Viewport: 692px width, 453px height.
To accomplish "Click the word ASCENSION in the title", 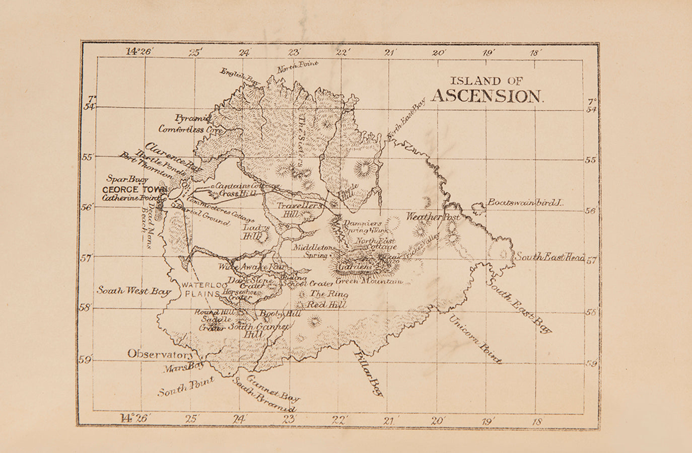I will click(488, 96).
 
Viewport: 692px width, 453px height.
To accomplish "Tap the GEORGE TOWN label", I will click(134, 190).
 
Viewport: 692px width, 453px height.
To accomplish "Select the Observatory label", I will click(160, 354).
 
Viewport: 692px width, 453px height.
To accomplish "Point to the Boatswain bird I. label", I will click(524, 202).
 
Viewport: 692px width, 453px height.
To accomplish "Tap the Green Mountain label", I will click(369, 281).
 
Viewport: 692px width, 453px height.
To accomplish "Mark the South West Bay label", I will click(134, 291).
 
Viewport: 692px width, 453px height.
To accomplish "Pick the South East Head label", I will click(549, 257).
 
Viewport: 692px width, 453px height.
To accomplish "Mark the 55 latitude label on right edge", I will click(590, 160).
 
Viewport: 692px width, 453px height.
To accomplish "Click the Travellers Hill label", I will click(299, 210).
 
